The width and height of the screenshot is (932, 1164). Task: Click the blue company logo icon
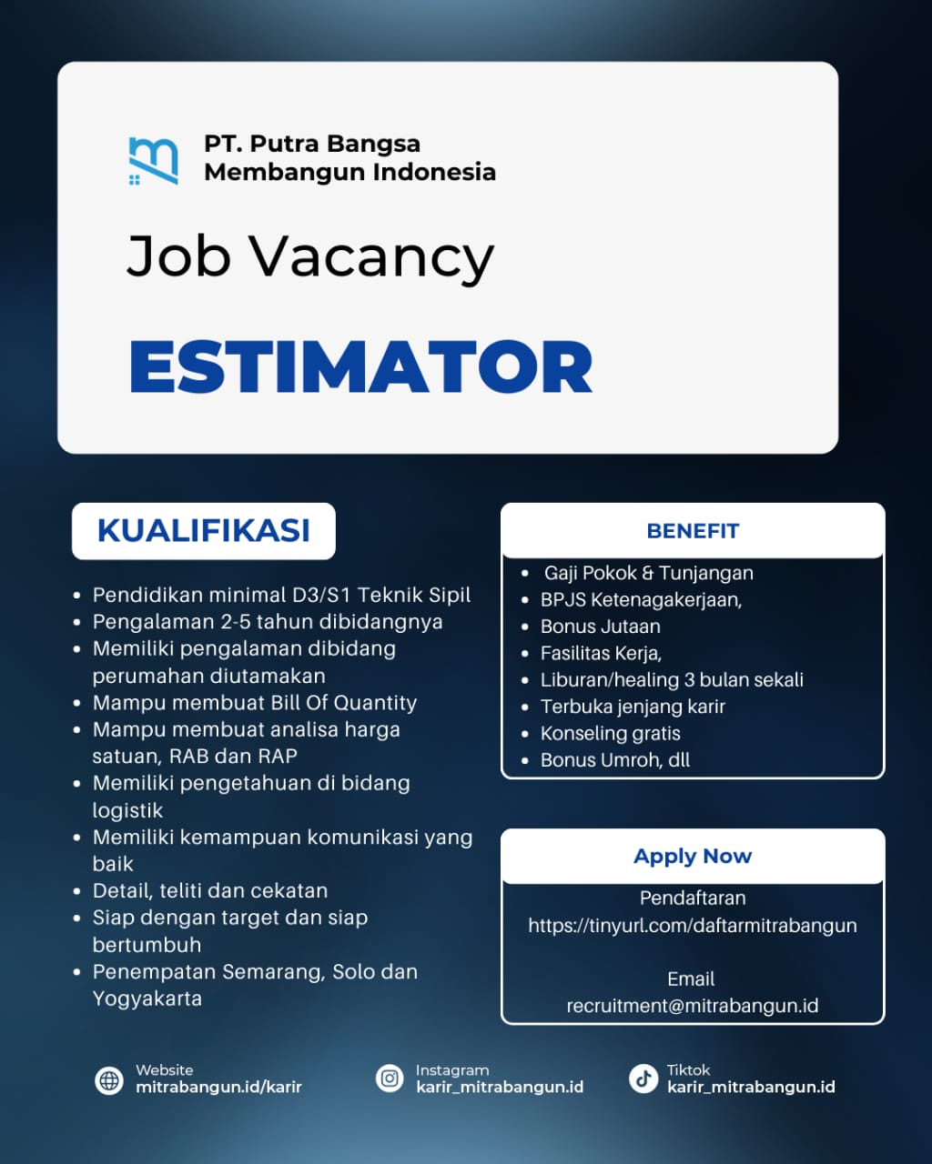[x=153, y=161]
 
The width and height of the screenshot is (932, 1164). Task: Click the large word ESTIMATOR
[x=360, y=366]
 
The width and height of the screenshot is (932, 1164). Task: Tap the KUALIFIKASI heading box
[x=204, y=530]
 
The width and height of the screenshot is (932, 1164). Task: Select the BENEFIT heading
[x=693, y=530]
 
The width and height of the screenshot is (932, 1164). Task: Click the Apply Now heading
[x=693, y=857]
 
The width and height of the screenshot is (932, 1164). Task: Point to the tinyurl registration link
[x=693, y=926]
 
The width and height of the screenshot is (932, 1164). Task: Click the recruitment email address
[x=693, y=1006]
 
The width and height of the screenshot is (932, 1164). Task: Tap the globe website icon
[x=109, y=1079]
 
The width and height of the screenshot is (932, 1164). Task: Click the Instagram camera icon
[x=390, y=1078]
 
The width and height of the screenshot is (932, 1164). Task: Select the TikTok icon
[x=643, y=1078]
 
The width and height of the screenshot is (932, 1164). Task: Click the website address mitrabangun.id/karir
[x=218, y=1087]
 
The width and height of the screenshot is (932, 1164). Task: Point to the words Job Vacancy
[x=310, y=256]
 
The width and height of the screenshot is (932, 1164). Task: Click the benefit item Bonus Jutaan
[x=601, y=627]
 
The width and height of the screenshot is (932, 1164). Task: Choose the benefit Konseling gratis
[x=611, y=734]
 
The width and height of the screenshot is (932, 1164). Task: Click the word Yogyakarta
[x=147, y=998]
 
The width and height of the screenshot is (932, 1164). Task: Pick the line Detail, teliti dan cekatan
[x=210, y=891]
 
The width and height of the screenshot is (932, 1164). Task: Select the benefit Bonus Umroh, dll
[x=615, y=760]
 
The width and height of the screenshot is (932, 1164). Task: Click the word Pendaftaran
[x=693, y=898]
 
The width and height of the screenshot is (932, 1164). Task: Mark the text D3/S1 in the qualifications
[x=321, y=595]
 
